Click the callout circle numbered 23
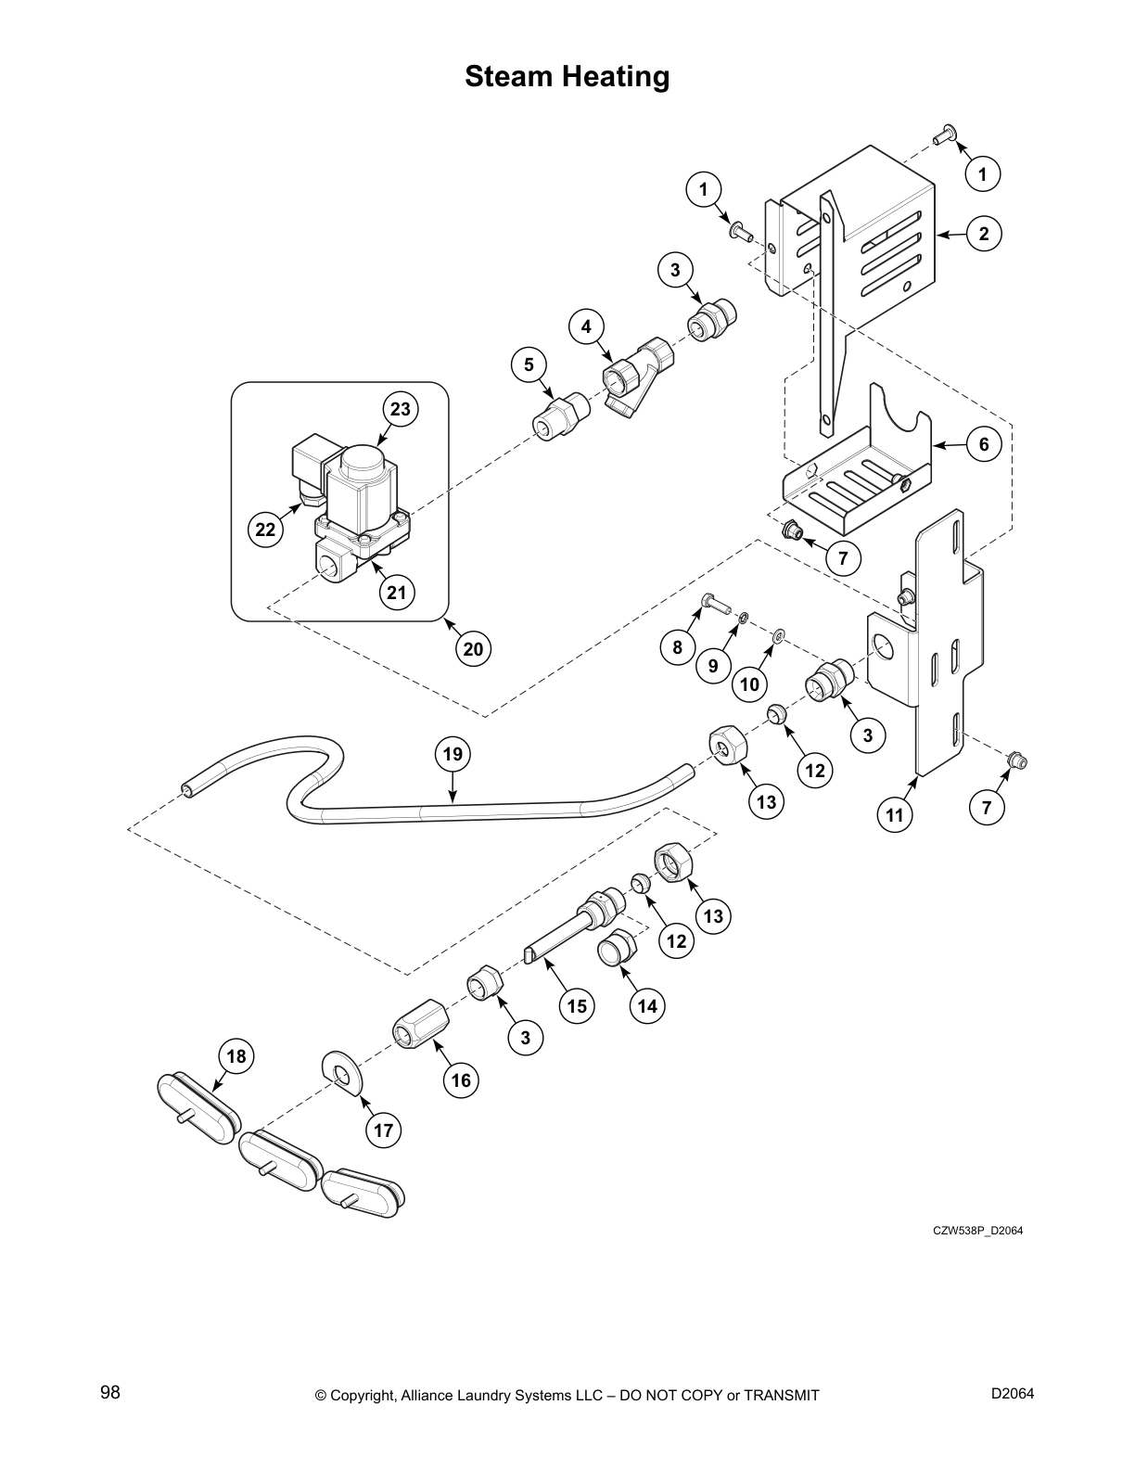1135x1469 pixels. tap(400, 409)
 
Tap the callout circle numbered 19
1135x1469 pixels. tap(452, 753)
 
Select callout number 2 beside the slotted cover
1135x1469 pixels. tap(984, 234)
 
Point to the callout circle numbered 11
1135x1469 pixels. tap(894, 815)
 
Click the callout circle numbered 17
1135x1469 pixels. tap(384, 1130)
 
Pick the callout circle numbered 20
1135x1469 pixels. tap(473, 648)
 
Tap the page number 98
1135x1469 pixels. tap(110, 1392)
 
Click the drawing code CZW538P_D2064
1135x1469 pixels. tap(977, 1231)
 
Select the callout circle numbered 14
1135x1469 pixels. tap(646, 1004)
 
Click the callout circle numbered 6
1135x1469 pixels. tap(984, 444)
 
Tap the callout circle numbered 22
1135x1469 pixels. tap(265, 530)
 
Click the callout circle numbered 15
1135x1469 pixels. tap(577, 1005)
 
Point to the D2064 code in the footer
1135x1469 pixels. tap(1012, 1392)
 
